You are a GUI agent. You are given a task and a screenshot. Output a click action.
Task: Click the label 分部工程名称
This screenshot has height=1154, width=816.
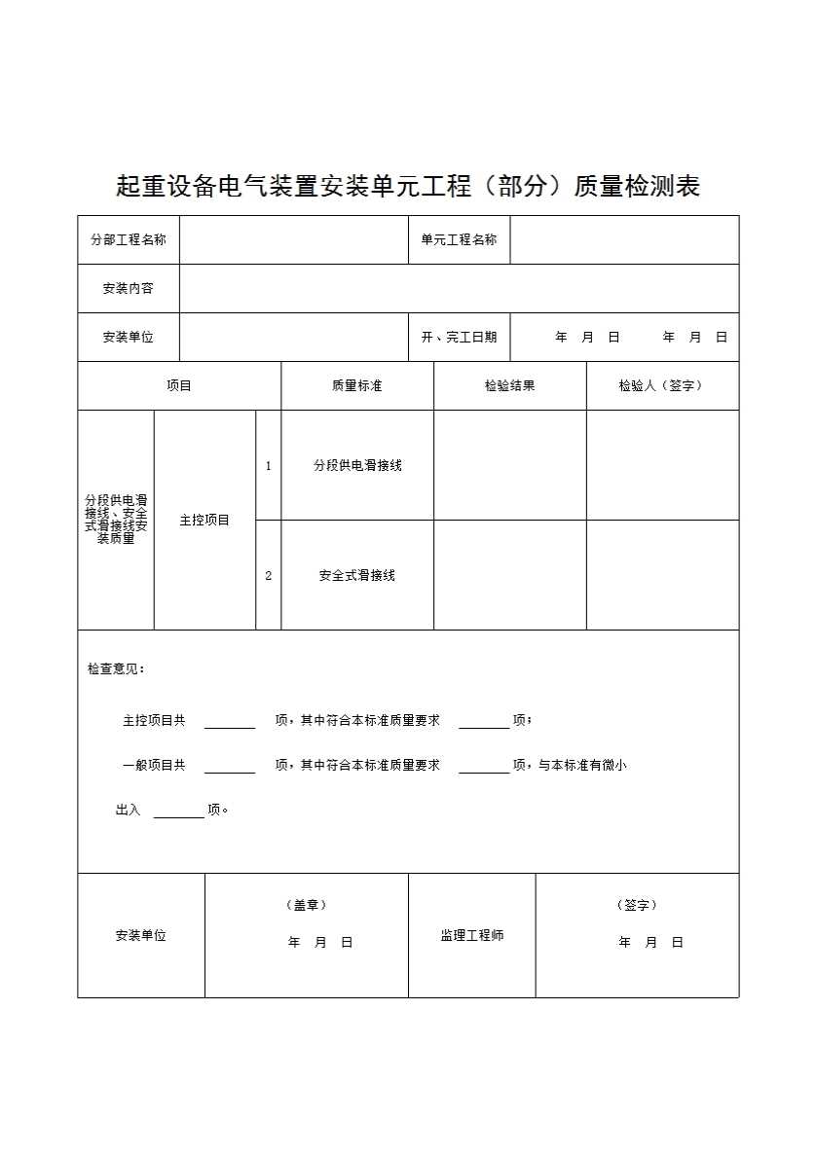(129, 240)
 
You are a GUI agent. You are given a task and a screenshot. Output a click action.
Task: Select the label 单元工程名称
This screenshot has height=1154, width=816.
(459, 240)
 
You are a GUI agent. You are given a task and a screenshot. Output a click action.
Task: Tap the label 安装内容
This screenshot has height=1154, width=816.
(129, 289)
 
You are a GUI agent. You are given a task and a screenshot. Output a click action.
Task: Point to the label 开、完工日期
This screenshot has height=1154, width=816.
(459, 338)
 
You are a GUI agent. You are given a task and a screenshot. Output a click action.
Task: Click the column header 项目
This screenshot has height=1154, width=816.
(179, 386)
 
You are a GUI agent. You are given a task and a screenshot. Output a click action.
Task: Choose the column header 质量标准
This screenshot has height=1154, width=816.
(356, 386)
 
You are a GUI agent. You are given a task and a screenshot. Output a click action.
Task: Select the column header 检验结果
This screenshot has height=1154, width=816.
(509, 386)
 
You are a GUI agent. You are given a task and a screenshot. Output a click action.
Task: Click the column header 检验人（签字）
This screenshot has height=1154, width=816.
(661, 386)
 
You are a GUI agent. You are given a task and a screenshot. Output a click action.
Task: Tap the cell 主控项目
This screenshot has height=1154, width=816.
(204, 521)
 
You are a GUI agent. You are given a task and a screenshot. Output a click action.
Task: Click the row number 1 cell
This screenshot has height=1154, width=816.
(269, 466)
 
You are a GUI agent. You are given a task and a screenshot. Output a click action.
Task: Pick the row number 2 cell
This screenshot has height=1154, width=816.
(269, 576)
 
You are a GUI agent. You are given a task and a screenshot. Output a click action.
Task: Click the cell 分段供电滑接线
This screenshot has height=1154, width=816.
(357, 466)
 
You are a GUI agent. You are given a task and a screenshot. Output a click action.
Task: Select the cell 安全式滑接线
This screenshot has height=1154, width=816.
(357, 576)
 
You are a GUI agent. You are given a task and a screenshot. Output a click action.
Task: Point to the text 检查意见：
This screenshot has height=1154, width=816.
(116, 669)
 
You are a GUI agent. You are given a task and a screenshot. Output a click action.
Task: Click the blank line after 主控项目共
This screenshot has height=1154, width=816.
(230, 722)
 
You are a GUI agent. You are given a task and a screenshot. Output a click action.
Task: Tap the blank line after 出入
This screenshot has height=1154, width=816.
(179, 811)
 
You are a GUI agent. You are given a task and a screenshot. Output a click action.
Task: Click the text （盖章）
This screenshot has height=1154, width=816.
(306, 905)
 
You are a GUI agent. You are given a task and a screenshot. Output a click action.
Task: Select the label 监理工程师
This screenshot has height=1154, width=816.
(471, 936)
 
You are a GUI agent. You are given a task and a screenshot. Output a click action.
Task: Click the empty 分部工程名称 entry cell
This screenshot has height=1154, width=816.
(293, 240)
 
